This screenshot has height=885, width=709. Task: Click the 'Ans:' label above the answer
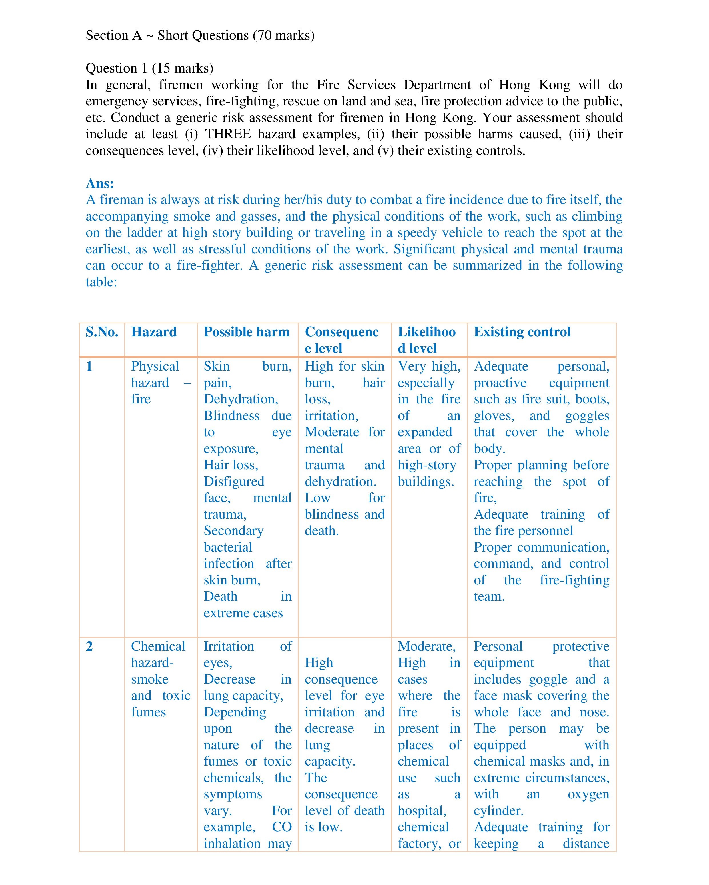[100, 183]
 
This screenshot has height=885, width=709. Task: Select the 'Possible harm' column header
[246, 332]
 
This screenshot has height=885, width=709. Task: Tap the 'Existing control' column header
[522, 332]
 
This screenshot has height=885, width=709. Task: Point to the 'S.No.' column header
[102, 332]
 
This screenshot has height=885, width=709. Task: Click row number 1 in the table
[89, 366]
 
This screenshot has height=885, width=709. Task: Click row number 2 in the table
[89, 646]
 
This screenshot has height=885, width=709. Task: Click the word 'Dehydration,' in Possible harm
[241, 399]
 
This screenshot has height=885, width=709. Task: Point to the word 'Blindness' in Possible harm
[231, 415]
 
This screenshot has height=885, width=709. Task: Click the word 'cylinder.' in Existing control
[498, 810]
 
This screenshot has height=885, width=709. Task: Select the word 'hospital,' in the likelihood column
[422, 810]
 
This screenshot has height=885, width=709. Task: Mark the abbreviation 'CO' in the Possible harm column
[282, 827]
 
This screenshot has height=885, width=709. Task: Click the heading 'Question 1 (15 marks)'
[149, 68]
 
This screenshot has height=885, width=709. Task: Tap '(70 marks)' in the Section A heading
[284, 36]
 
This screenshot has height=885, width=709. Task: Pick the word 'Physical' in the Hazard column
[155, 366]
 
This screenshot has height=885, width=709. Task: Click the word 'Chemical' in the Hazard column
[158, 646]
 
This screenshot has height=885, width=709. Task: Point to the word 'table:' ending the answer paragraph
[101, 282]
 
